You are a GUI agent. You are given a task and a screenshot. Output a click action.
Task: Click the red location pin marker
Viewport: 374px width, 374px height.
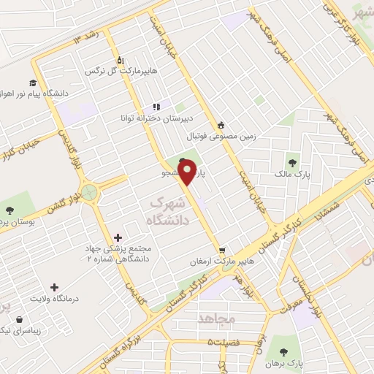click(188, 172)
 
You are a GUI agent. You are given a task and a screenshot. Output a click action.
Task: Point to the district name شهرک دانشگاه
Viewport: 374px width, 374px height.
click(168, 210)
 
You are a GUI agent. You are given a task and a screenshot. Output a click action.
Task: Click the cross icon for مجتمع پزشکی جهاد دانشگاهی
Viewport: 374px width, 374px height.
click(118, 237)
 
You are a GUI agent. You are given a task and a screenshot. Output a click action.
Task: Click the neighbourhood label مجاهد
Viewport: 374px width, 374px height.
click(217, 318)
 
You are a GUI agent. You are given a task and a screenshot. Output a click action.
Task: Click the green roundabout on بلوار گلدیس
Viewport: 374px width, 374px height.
click(91, 193)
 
